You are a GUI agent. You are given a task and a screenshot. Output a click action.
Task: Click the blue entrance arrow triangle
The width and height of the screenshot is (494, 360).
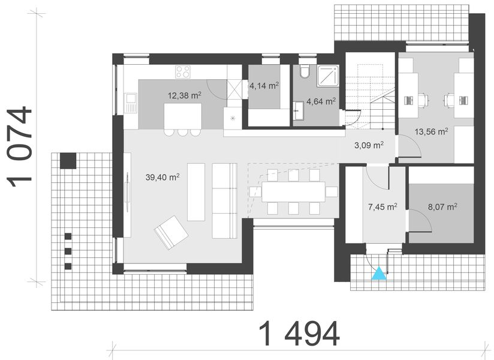point(379,274)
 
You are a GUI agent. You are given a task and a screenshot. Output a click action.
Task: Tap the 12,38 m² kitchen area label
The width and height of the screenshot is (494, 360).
point(184,95)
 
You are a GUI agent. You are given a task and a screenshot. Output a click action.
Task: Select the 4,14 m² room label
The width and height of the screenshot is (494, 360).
point(264,86)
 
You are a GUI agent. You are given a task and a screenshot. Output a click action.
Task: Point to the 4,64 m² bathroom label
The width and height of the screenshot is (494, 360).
point(321,101)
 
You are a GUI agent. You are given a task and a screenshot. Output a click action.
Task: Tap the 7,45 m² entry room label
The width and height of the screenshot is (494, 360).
point(382,207)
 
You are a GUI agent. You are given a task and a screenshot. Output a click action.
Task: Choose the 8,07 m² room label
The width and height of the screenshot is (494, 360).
point(442,207)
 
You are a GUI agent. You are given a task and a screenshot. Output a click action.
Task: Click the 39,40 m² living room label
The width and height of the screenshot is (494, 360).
point(162,177)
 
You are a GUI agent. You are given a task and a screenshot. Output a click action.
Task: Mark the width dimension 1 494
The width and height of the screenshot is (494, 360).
point(299,334)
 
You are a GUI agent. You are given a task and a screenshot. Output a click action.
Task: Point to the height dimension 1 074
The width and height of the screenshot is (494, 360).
point(20,146)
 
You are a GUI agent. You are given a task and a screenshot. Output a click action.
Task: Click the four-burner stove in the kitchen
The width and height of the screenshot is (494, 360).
point(183,72)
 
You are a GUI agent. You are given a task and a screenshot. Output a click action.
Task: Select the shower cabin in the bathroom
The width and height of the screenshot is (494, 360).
point(327,76)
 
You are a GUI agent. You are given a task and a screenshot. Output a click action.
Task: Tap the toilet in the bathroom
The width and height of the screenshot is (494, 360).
point(304,72)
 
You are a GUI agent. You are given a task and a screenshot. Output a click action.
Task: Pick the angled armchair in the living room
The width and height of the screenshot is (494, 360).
point(171,232)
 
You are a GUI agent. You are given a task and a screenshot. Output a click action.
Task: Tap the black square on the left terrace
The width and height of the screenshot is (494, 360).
point(68,161)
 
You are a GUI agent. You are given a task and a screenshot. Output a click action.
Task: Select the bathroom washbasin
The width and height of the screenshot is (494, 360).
point(298,109)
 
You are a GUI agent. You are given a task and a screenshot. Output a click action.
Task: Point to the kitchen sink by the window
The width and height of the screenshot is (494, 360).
point(131,103)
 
